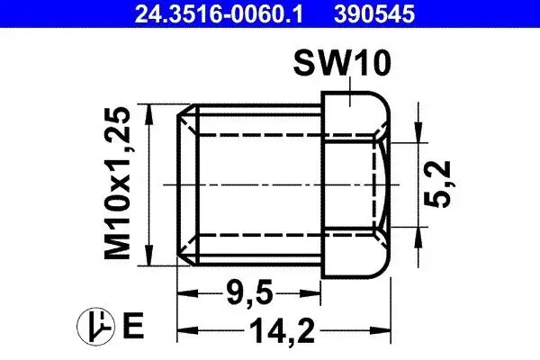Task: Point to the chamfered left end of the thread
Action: (x=188, y=184)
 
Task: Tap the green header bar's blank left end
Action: (x=54, y=13)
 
